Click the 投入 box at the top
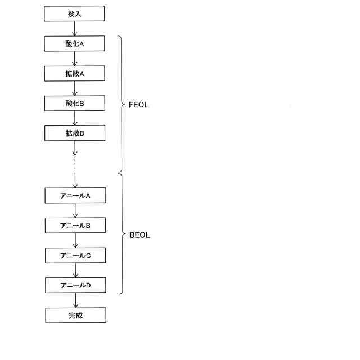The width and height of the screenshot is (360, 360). pos(75,13)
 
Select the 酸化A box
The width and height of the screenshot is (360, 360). pos(75,43)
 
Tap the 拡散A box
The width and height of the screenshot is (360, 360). pos(75,73)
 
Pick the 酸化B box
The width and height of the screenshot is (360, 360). pos(75,103)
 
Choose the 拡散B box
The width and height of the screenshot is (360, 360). pos(75,133)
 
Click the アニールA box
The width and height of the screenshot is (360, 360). pos(75,195)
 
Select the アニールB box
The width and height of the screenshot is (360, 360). pos(75,226)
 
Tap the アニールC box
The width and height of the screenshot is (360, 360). pos(75,255)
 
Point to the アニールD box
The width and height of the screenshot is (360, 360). pos(75,285)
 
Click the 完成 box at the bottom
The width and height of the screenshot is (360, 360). pos(75,315)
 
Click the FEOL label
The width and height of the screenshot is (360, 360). pos(138,105)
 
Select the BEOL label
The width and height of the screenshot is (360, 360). pos(139,235)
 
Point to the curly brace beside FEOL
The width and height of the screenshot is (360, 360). pos(120,105)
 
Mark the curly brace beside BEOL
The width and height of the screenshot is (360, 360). pos(121,234)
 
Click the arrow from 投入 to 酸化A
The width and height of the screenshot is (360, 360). pos(75,29)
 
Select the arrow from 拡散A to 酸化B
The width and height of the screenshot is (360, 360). pos(75,88)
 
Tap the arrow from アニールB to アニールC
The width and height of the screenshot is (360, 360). pos(75,241)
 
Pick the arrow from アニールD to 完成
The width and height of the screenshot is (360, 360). pos(75,300)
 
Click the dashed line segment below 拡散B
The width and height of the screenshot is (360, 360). pos(75,164)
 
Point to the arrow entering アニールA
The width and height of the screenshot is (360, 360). pos(75,181)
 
